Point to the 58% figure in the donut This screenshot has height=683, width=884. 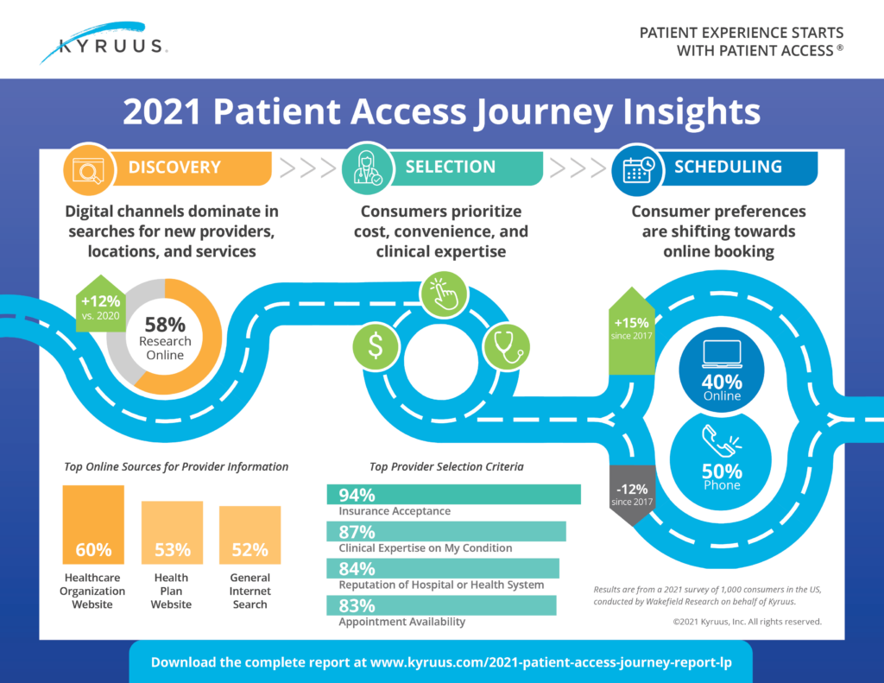[x=164, y=326]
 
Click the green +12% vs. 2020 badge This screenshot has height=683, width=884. [x=102, y=307]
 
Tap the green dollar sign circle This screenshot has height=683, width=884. [x=376, y=345]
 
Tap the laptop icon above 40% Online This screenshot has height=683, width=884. [x=722, y=353]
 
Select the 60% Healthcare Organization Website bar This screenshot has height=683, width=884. [x=93, y=525]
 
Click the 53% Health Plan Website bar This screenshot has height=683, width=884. [x=172, y=533]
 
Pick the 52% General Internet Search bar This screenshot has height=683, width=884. [x=249, y=535]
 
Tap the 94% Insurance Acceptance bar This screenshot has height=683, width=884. [x=453, y=495]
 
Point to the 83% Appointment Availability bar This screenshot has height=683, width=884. [x=441, y=605]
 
